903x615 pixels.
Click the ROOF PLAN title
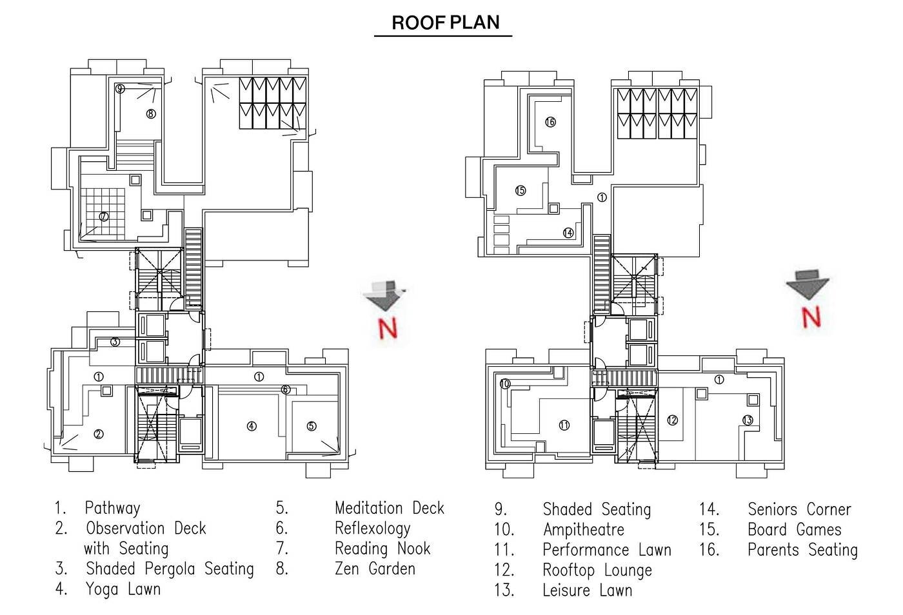click(446, 23)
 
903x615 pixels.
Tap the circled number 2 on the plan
click(99, 434)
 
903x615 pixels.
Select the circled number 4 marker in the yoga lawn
click(252, 426)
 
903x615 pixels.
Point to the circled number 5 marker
click(312, 426)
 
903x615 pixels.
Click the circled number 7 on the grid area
click(103, 217)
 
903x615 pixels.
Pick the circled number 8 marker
click(150, 114)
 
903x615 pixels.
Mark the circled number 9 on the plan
click(120, 89)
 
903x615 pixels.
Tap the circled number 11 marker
click(564, 425)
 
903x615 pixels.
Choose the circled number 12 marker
click(672, 420)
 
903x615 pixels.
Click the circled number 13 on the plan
click(748, 420)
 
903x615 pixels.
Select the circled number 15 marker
click(521, 191)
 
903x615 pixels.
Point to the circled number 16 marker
click(550, 122)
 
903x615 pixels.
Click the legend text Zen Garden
click(375, 569)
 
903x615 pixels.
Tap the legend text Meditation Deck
click(389, 508)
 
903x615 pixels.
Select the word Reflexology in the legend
click(372, 529)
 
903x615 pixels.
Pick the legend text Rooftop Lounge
click(597, 571)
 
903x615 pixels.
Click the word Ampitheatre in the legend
click(583, 530)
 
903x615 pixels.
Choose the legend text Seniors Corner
click(799, 509)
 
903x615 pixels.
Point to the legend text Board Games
click(794, 530)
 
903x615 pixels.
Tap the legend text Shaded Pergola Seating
click(170, 569)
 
